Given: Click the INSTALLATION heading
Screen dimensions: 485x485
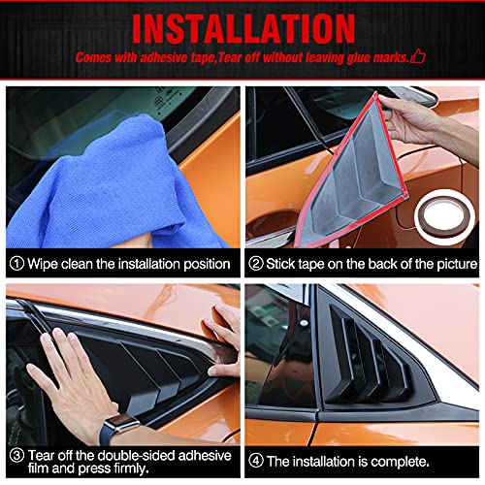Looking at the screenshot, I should [x=242, y=26].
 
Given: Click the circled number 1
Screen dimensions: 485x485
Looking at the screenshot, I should [x=16, y=264].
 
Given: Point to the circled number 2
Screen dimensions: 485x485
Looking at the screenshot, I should [x=256, y=264].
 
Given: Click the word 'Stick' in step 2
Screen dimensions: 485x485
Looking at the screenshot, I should [x=284, y=264].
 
